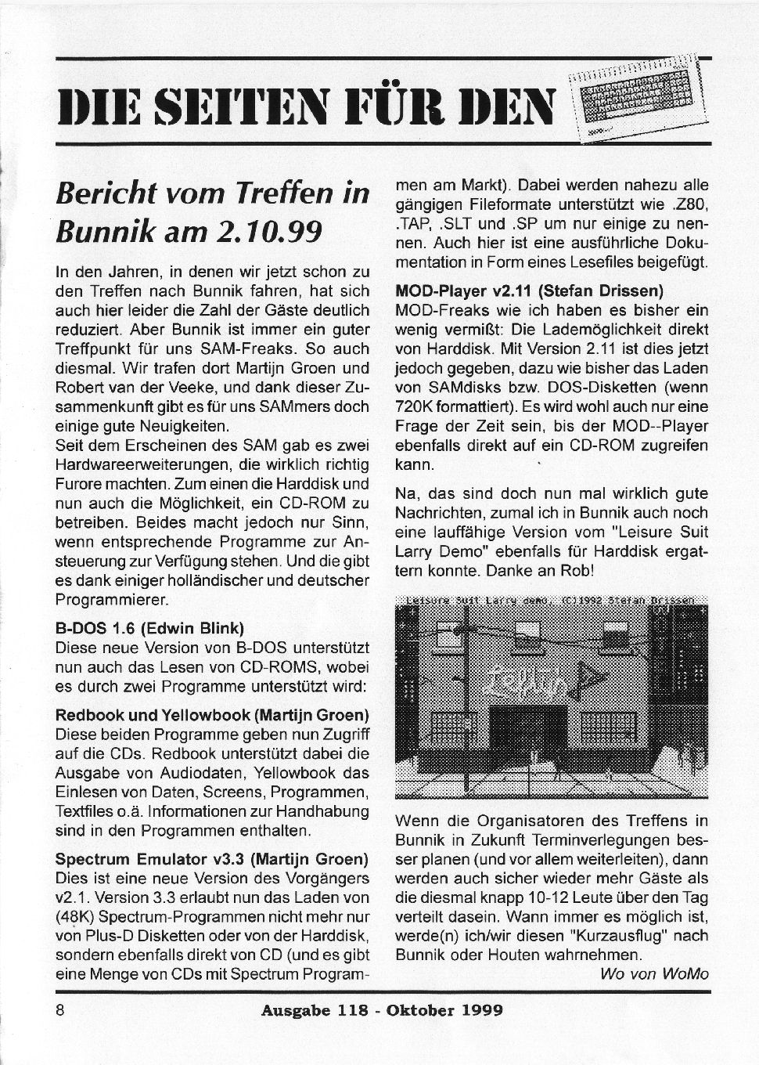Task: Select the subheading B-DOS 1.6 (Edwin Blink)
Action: [149, 628]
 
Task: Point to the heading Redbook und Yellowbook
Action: [211, 716]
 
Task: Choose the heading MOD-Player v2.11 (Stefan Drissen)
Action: [530, 291]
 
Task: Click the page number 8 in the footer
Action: [60, 1009]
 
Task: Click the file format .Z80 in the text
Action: [689, 205]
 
